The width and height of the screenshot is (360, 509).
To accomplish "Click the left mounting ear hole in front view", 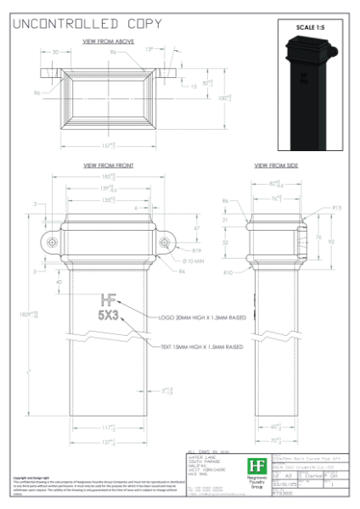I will pos(53,243).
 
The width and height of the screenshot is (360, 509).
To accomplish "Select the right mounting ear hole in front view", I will pos(164,243).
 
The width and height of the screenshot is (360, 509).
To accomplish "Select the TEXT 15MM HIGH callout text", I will pos(203,346).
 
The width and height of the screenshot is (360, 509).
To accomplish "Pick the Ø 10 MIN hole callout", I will pos(194,260).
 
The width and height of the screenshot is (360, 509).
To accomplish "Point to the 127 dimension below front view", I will pos(109,442).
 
